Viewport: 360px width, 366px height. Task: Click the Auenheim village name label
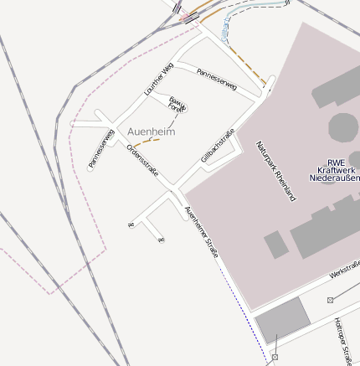coord(151,132)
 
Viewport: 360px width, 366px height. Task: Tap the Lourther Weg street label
coord(158,79)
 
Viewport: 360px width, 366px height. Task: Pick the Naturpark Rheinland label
coord(276,173)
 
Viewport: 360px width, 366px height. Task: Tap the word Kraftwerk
coord(336,169)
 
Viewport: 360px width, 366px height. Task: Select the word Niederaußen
coord(335,178)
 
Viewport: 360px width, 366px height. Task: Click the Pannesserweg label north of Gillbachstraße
coord(217,80)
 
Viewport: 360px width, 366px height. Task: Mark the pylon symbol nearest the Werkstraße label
coord(331,299)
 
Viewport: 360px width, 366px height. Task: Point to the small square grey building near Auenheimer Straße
coord(275,245)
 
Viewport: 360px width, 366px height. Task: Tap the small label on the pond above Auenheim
coord(176,104)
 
